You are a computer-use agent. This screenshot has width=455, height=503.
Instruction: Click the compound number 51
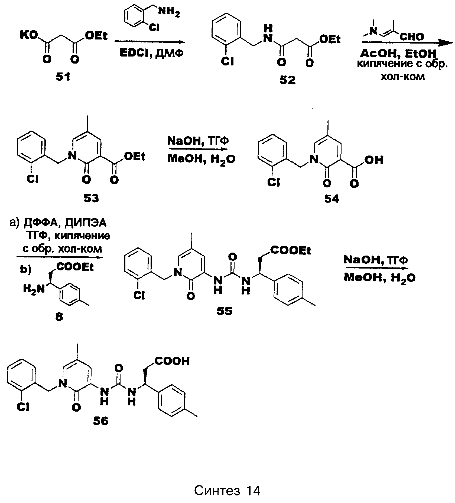coord(63,78)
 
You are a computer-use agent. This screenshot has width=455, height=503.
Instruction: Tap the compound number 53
coord(91,199)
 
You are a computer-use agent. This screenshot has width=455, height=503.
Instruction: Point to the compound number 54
coord(331,199)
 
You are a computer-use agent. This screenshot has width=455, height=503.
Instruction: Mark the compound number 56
coord(100,421)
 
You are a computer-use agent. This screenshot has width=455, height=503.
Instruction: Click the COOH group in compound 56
coord(172,361)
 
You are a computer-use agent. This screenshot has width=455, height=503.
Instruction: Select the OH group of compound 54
coord(374,160)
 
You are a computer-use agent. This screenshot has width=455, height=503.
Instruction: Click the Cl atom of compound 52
coord(227,62)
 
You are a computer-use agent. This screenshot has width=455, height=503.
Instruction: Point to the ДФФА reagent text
coord(41,223)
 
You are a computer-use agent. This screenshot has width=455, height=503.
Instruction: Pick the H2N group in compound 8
coord(34,289)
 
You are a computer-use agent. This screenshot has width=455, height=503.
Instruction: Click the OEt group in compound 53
coord(134,157)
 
